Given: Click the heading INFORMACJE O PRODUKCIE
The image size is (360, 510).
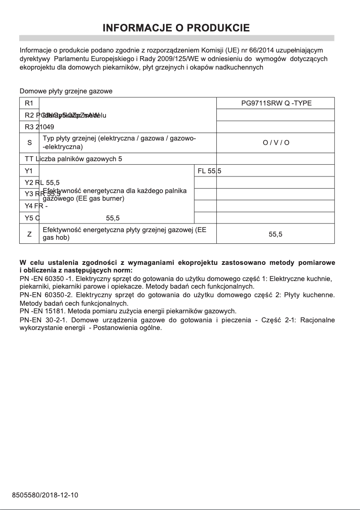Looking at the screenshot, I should [176, 28].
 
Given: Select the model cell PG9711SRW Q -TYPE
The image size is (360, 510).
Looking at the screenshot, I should [276, 103].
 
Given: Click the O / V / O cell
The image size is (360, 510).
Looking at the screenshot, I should [276, 143].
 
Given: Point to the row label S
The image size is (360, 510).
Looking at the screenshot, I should [30, 143].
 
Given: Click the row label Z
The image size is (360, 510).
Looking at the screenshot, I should [30, 233].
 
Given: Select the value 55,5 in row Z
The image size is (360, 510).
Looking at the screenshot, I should [276, 234].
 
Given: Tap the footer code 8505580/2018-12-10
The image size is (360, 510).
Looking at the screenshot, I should [45, 495].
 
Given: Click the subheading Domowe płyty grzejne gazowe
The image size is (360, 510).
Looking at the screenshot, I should [66, 91].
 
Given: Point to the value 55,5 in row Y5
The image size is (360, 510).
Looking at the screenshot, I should [113, 218].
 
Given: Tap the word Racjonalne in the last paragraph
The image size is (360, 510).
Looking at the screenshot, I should [317, 320].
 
